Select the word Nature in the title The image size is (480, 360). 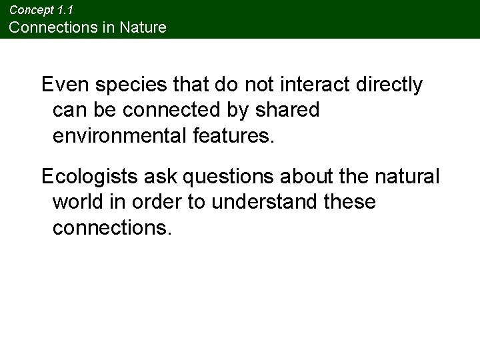pyautogui.click(x=143, y=27)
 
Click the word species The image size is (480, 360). pyautogui.click(x=122, y=85)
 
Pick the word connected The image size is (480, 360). pyautogui.click(x=181, y=110)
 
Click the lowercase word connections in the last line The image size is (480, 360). pyautogui.click(x=112, y=227)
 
